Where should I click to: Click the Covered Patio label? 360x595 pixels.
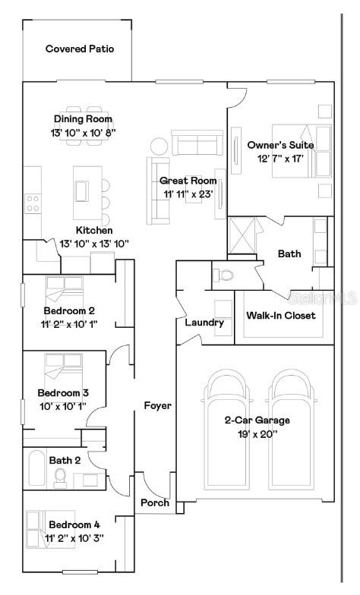[79, 49]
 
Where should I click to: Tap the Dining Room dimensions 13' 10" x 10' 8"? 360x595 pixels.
[83, 133]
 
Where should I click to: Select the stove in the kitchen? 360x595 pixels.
[33, 203]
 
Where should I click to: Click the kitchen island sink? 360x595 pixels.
[81, 190]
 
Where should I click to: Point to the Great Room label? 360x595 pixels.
[188, 181]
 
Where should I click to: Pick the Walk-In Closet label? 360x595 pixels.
[280, 316]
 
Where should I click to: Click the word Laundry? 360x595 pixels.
[204, 323]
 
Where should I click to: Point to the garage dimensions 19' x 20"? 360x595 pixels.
[256, 434]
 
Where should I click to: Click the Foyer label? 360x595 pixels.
[157, 406]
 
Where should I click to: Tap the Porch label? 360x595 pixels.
[154, 503]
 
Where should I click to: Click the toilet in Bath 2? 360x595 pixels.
[62, 477]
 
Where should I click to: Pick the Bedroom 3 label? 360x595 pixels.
[64, 392]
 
